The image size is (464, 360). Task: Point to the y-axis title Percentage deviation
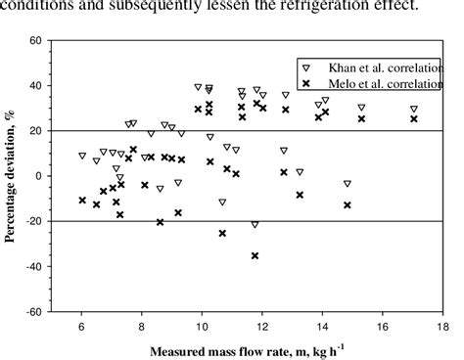(13, 176)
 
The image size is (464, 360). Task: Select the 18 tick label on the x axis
(442, 326)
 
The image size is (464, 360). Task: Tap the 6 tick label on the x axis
(82, 326)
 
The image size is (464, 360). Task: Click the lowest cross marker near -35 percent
(255, 255)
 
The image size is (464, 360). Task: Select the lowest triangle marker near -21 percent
(255, 224)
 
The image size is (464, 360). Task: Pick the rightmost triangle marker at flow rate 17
(413, 110)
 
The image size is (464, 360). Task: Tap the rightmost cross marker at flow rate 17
(413, 119)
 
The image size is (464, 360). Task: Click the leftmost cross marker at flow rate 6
(82, 200)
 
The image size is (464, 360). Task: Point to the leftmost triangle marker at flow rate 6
(82, 156)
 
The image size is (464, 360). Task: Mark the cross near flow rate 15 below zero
(347, 204)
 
